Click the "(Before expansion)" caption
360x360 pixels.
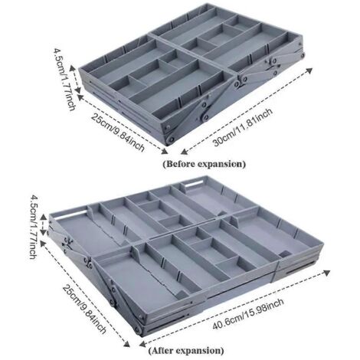pyautogui.click(x=205, y=164)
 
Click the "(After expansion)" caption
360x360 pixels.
pyautogui.click(x=186, y=350)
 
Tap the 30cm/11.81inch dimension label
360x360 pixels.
pyautogui.click(x=243, y=127)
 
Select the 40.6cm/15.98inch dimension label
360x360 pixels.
pyautogui.click(x=248, y=314)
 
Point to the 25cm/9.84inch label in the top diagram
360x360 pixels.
pyautogui.click(x=118, y=133)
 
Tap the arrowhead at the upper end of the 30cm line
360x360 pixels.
pyautogui.click(x=309, y=70)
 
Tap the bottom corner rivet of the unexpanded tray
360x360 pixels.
pyautogui.click(x=171, y=139)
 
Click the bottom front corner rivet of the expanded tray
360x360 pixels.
pyautogui.click(x=138, y=330)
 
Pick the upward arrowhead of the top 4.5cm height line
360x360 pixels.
pyautogui.click(x=73, y=69)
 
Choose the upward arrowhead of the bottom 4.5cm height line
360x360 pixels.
pyautogui.click(x=44, y=218)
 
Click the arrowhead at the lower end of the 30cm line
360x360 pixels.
pyautogui.click(x=184, y=152)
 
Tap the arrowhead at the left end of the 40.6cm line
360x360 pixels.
pyautogui.click(x=143, y=344)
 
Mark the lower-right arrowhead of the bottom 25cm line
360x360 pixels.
pyautogui.click(x=126, y=343)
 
